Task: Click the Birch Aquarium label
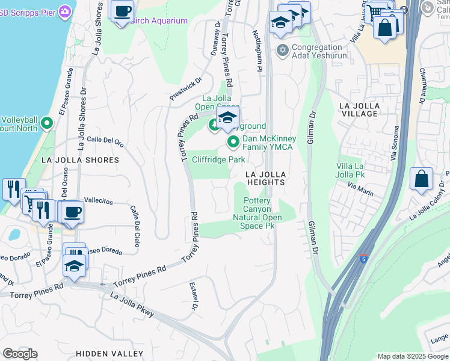[x=159, y=21]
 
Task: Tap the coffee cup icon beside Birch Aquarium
[x=122, y=11]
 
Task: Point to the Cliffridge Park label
[x=218, y=159]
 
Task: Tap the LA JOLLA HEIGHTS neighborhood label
[x=265, y=177]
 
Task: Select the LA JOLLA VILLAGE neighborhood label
[x=360, y=110]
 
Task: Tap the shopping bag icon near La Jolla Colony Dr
[x=421, y=179]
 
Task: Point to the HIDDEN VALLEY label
[x=109, y=353]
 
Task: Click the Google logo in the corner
[x=19, y=354]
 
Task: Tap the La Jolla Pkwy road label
[x=132, y=304]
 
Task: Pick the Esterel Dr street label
[x=194, y=297]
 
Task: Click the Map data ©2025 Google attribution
[x=412, y=356]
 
